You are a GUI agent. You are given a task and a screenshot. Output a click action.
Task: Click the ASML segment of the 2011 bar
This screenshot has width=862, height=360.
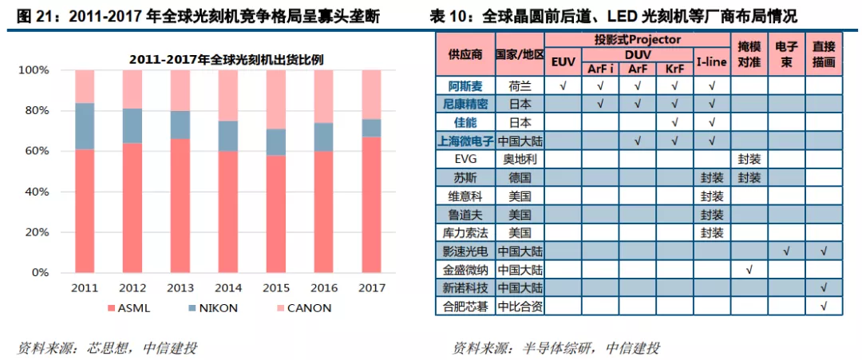84,211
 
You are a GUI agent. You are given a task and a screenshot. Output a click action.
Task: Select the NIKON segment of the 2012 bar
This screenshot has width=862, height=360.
132,125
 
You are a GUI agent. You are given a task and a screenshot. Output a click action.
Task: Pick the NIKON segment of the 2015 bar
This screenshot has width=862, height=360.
277,141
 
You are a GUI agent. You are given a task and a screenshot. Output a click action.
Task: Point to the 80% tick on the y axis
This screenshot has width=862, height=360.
35,110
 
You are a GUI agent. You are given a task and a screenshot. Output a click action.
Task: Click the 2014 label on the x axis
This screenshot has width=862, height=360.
229,287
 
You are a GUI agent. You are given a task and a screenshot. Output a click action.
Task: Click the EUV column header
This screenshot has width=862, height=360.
563,61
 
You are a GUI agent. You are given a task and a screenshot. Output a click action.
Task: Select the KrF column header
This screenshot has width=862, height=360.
675,69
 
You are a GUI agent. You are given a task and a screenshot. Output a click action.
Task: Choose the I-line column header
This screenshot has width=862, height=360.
711,61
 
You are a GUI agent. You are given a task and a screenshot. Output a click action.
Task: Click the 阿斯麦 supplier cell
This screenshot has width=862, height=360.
465,85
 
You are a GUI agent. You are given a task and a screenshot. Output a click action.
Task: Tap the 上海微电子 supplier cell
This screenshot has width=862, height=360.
465,140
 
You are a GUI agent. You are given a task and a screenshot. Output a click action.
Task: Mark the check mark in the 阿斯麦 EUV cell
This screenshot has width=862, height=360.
563,85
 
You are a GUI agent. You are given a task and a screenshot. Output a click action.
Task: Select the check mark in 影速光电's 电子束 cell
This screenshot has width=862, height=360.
786,251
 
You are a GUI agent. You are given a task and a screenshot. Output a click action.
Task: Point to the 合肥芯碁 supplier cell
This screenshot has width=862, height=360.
465,306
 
